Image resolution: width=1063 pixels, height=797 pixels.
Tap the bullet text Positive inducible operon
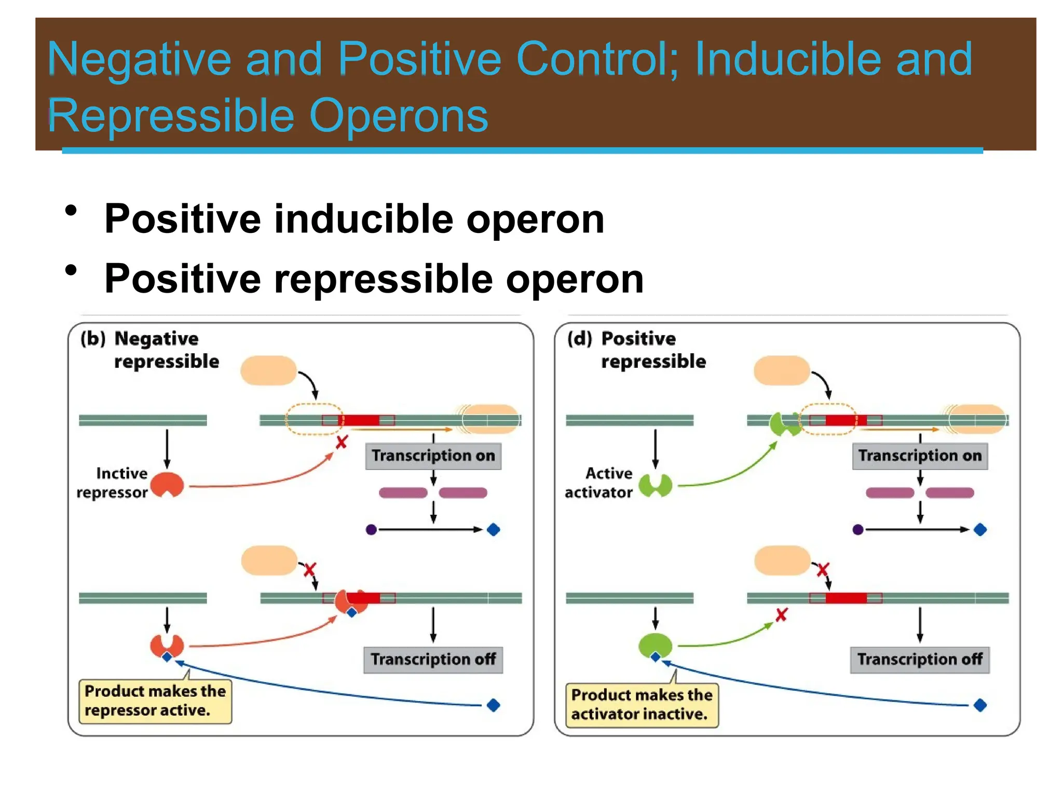[354, 219]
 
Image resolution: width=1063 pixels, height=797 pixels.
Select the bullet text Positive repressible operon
[374, 279]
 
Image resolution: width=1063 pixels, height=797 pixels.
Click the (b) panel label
[93, 339]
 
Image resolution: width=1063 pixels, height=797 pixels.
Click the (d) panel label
[579, 339]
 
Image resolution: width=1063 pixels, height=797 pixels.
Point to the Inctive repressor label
[113, 483]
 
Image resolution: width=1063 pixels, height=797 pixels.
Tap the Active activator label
[599, 483]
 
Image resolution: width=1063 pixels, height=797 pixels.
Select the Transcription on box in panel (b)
[433, 456]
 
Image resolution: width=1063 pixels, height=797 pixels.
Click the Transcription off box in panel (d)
[919, 659]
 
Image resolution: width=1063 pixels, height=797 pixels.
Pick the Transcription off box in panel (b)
[433, 659]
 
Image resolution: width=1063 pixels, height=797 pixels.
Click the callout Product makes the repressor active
[155, 701]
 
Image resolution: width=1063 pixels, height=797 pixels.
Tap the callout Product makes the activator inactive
[642, 704]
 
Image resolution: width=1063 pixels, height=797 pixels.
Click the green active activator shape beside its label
[655, 485]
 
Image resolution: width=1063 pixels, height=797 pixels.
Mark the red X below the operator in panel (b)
[341, 443]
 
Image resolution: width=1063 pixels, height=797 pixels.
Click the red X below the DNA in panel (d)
[781, 615]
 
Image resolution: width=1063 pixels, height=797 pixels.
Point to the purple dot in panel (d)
[857, 530]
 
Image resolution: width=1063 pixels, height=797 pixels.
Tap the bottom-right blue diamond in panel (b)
[493, 705]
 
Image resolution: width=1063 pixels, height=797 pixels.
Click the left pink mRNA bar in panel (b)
[403, 492]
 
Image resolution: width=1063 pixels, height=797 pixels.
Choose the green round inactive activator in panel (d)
[655, 645]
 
